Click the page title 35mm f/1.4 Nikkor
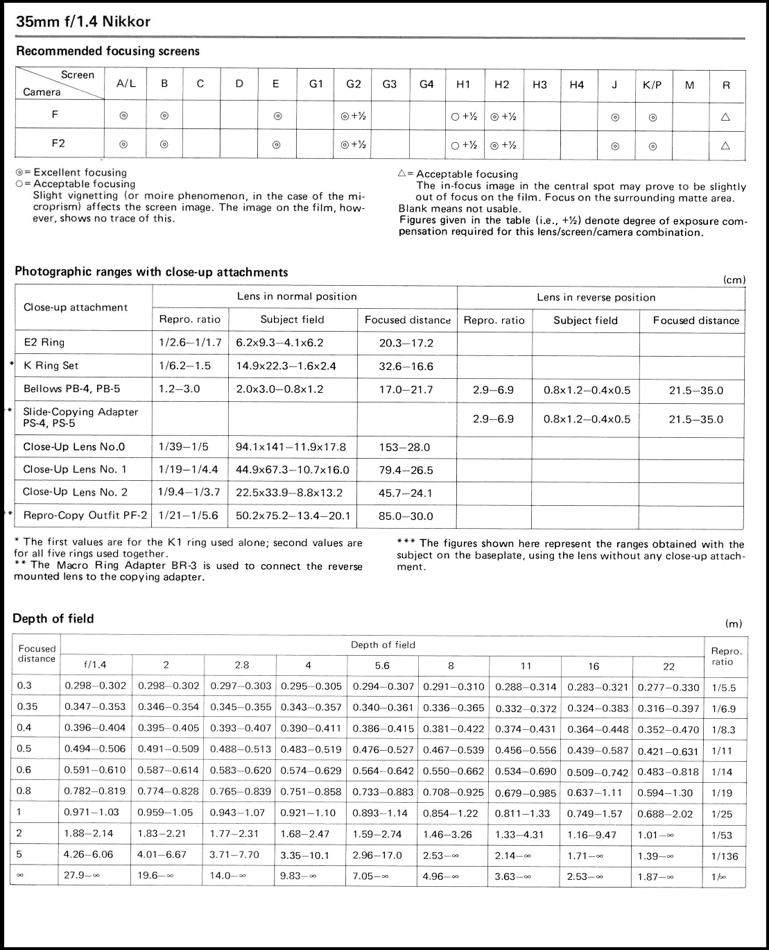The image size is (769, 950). click(x=83, y=22)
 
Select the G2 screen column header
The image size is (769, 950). click(x=354, y=85)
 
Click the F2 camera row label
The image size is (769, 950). click(x=58, y=143)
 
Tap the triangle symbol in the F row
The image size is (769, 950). click(x=726, y=117)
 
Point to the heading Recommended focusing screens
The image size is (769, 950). click(x=107, y=51)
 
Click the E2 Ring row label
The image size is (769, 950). click(x=44, y=343)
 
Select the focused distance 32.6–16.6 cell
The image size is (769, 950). click(x=406, y=366)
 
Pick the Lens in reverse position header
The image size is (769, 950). click(x=596, y=298)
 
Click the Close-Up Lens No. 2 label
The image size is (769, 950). click(x=75, y=492)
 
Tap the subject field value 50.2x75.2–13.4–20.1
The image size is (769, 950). click(x=293, y=516)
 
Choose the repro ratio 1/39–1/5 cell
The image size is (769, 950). click(x=183, y=447)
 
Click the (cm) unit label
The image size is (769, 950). click(x=734, y=280)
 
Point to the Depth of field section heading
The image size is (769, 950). click(x=53, y=619)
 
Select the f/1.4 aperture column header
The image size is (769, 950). click(x=95, y=665)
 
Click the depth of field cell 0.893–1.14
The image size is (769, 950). click(x=382, y=813)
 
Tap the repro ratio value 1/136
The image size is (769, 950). click(x=725, y=856)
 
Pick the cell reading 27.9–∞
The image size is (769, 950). click(x=82, y=876)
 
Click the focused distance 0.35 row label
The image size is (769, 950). click(x=28, y=707)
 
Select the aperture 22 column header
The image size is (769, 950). click(x=668, y=667)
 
